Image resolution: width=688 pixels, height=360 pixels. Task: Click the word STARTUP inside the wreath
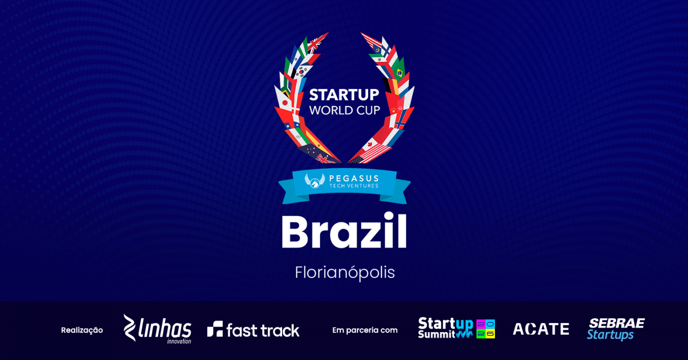click(344, 95)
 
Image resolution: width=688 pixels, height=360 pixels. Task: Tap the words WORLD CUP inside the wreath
click(344, 110)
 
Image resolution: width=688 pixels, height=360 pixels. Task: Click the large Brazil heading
click(344, 231)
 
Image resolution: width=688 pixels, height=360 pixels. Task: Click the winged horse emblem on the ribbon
click(315, 181)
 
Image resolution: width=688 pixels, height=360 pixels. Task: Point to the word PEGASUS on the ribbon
click(354, 178)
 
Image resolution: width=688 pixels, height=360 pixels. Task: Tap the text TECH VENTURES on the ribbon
click(354, 186)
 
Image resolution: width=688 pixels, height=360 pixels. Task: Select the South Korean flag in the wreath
click(302, 71)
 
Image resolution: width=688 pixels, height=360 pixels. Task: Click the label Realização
click(82, 330)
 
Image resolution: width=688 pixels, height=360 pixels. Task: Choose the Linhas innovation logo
click(157, 329)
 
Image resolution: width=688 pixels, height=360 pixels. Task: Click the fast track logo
click(253, 330)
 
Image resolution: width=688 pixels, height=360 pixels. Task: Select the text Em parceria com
click(365, 330)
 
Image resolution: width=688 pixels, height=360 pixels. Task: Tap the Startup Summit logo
click(457, 328)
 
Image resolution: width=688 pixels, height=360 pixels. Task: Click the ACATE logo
click(541, 329)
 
